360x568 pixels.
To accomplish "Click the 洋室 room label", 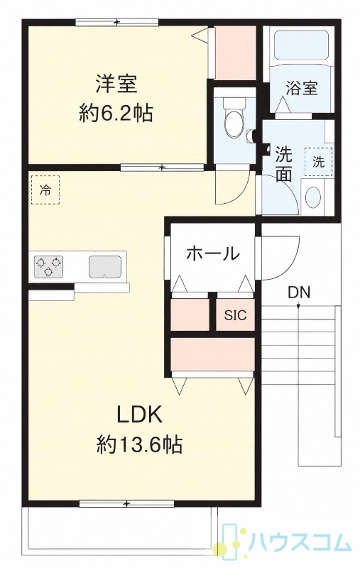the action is pyautogui.click(x=116, y=84).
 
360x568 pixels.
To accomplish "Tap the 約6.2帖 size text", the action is pyautogui.click(x=116, y=114).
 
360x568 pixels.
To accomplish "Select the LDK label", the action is pyautogui.click(x=139, y=416).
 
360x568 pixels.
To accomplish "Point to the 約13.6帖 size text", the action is pyautogui.click(x=139, y=445).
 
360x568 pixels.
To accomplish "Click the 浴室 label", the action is pyautogui.click(x=302, y=87).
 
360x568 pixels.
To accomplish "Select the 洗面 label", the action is pyautogui.click(x=283, y=165).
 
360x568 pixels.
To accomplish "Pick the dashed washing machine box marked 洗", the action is pyautogui.click(x=319, y=162).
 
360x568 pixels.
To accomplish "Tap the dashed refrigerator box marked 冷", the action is pyautogui.click(x=45, y=190).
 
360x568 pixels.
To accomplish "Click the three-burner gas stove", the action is pyautogui.click(x=48, y=267).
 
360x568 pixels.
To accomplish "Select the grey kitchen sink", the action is pyautogui.click(x=105, y=267).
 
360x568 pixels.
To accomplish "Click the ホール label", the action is pyautogui.click(x=212, y=253).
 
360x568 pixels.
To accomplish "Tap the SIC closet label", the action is pyautogui.click(x=235, y=315).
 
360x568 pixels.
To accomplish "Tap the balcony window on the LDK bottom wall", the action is pyautogui.click(x=126, y=250).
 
